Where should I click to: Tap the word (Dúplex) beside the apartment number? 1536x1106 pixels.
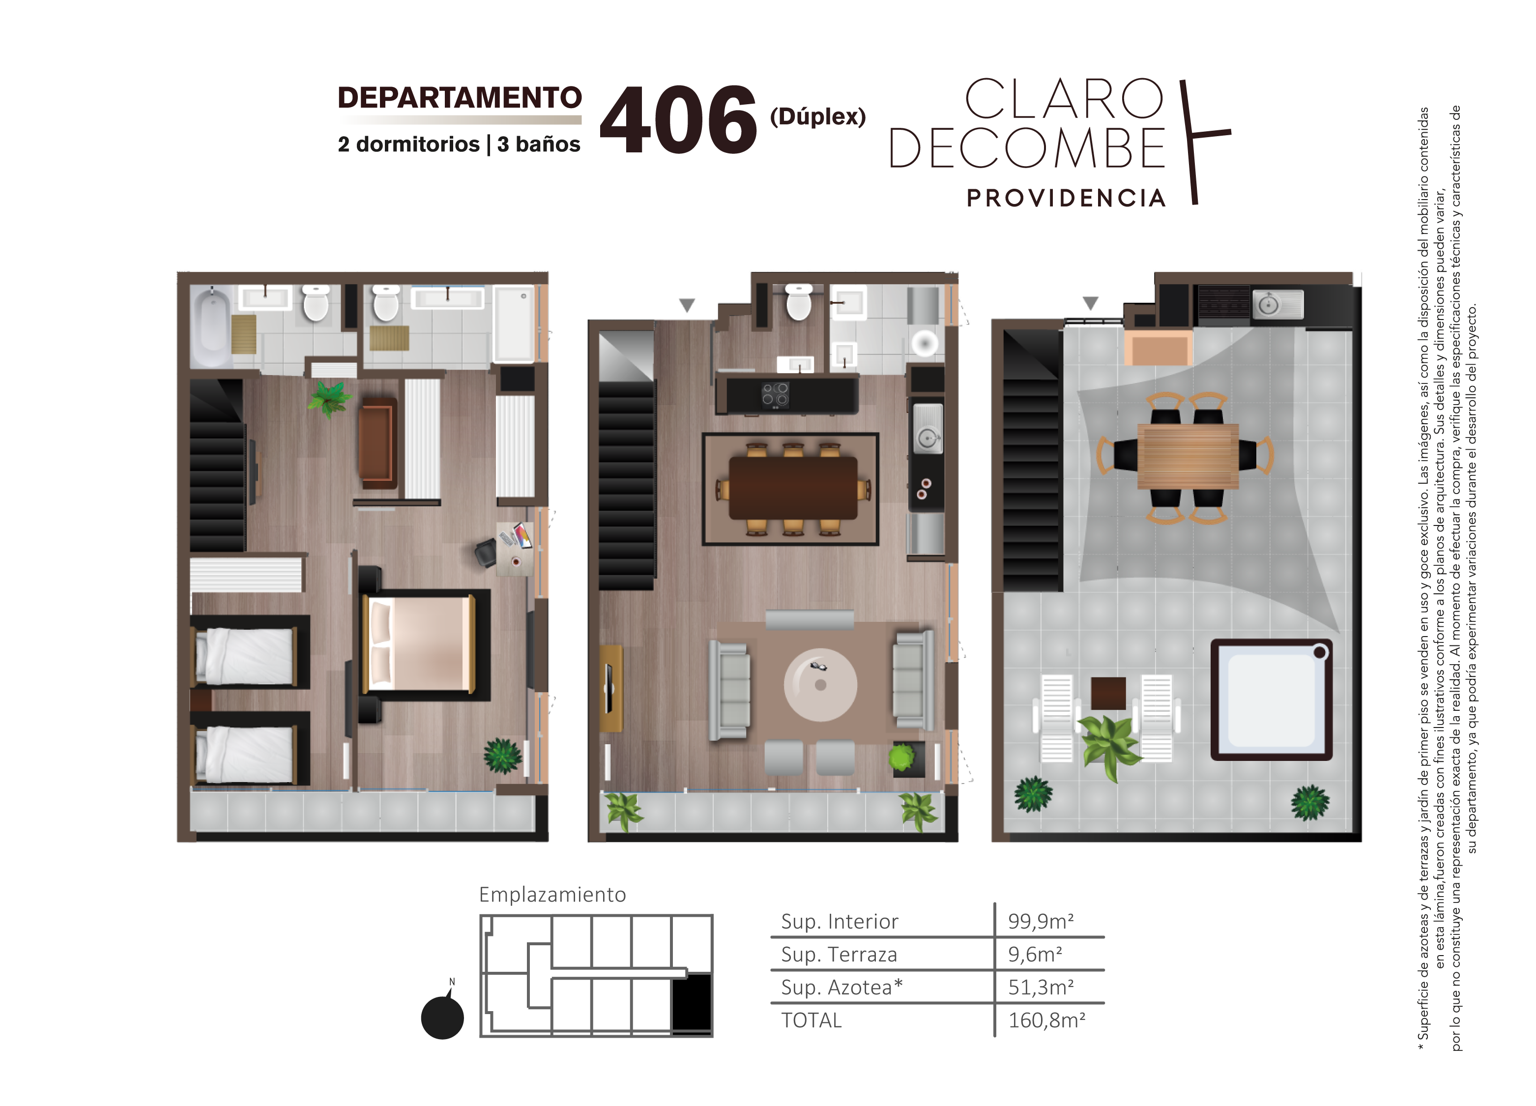pos(817,116)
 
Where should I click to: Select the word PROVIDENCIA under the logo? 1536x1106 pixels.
pos(1066,199)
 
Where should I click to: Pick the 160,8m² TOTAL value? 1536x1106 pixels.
pos(1047,1020)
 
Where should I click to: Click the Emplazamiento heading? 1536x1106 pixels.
pos(552,895)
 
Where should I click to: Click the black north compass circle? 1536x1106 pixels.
pos(442,1018)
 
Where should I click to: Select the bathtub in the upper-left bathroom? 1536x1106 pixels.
pos(211,326)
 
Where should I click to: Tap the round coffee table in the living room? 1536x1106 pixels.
pos(820,685)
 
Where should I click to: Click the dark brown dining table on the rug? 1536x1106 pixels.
pos(793,488)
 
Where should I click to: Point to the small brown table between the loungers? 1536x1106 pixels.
pos(1108,694)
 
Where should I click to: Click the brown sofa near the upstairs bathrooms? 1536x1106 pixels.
pos(377,443)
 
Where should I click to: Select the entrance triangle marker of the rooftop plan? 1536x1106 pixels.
pos(1090,303)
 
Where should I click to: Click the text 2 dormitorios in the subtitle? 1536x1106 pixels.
pos(408,144)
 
